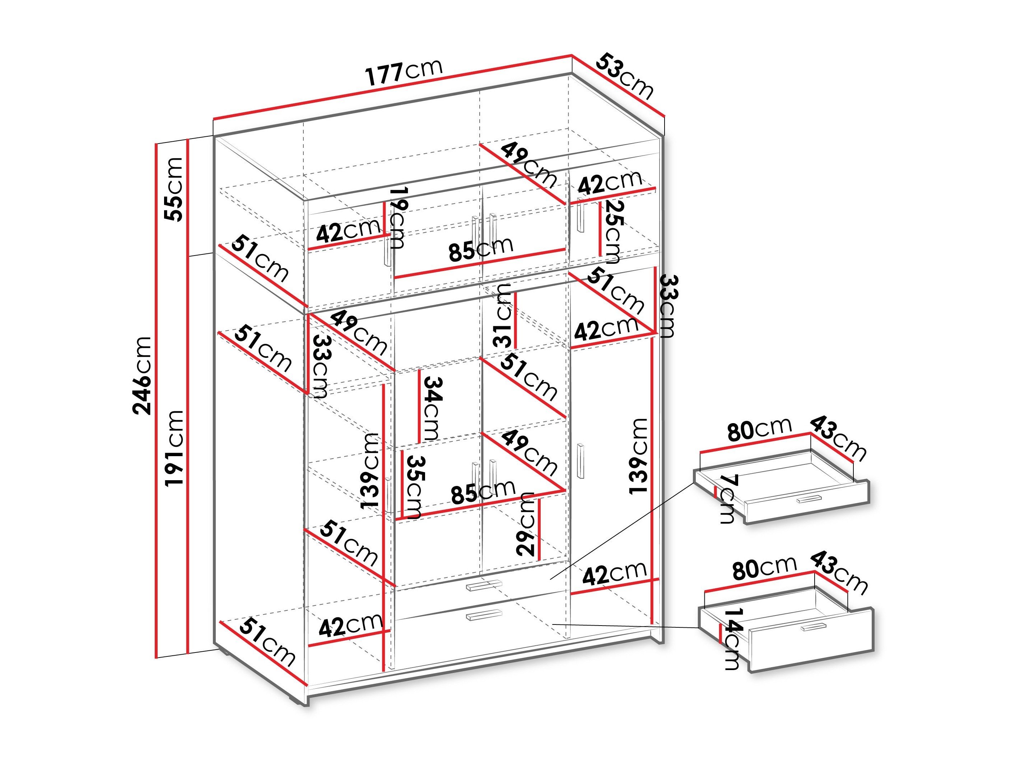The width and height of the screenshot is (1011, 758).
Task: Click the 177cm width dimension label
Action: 404,72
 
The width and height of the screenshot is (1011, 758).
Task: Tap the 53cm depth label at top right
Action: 624,76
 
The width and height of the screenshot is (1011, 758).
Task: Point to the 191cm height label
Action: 174,448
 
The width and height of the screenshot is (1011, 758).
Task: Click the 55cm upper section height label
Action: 174,189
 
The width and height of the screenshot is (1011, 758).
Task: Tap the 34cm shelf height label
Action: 432,408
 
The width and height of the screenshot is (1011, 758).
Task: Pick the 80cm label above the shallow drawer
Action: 759,429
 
